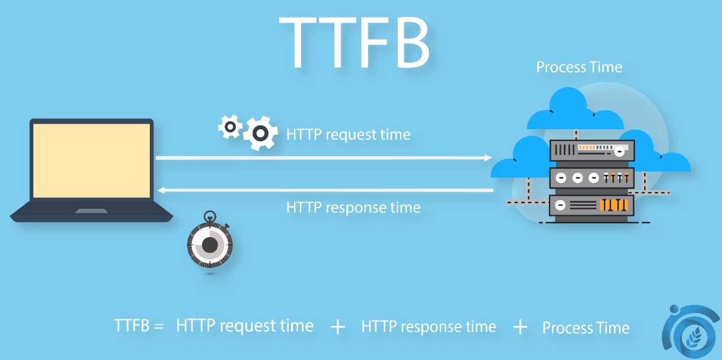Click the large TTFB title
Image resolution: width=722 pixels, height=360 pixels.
click(x=354, y=42)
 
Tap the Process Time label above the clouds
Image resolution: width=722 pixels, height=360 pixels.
click(x=579, y=67)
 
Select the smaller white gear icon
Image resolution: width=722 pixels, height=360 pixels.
click(x=230, y=126)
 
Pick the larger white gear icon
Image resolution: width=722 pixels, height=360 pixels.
click(x=260, y=133)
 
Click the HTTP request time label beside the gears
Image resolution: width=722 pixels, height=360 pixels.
click(x=348, y=134)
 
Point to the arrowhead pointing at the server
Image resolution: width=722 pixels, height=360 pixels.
click(x=489, y=158)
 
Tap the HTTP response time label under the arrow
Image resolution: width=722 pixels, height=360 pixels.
click(x=353, y=207)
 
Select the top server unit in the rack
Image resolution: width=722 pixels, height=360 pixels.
click(x=592, y=149)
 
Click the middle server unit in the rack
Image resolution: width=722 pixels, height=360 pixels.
click(x=592, y=177)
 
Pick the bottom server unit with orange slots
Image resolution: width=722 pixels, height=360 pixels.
click(x=592, y=204)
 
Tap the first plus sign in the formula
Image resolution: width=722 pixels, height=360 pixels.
click(x=338, y=327)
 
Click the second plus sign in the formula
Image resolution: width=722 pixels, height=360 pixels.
click(x=520, y=327)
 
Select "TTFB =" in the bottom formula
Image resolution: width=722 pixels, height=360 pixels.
click(x=139, y=326)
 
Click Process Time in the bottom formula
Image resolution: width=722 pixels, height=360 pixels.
click(x=586, y=328)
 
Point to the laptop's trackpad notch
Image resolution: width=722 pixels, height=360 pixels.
click(x=92, y=211)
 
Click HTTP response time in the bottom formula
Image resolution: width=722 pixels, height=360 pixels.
click(x=428, y=327)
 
